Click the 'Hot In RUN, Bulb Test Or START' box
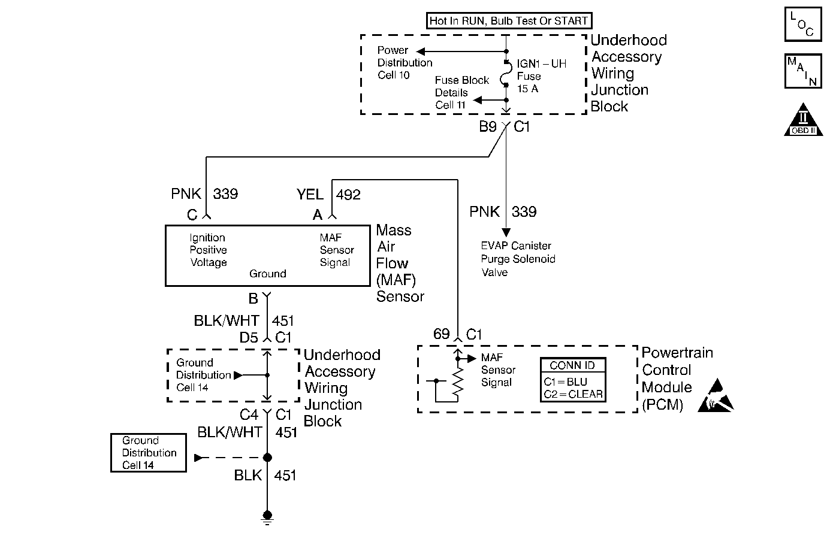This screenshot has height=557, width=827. [509, 21]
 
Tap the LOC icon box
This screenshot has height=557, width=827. [802, 25]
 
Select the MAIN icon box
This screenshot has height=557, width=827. [802, 71]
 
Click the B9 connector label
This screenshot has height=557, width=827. [487, 127]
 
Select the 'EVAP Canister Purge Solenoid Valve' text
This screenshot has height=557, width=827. [518, 259]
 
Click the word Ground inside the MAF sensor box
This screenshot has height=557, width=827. [267, 274]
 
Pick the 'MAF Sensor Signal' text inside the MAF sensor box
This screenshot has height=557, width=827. [336, 250]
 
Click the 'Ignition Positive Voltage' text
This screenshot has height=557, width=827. [208, 250]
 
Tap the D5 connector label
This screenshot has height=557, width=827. [249, 338]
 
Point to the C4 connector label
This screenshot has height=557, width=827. [249, 414]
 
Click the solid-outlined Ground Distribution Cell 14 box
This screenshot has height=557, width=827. [149, 453]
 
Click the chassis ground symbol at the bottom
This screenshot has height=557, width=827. [267, 517]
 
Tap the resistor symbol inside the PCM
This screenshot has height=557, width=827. [457, 383]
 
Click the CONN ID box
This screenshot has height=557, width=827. [572, 380]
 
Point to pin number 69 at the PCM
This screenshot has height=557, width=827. [441, 334]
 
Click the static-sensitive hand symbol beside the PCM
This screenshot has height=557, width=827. [716, 396]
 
